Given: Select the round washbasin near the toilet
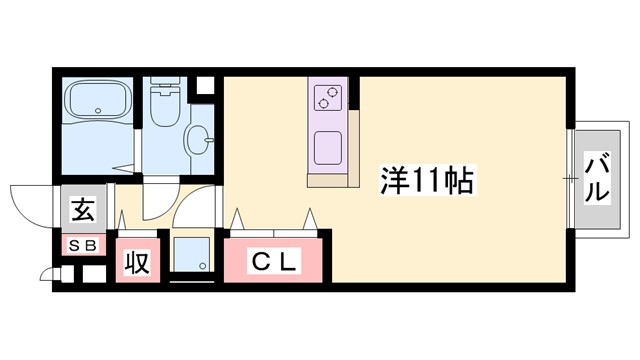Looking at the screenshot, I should click(198, 137).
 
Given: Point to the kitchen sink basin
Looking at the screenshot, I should click(328, 150).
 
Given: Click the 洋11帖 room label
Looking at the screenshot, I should click(426, 180).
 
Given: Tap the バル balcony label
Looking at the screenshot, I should click(597, 178).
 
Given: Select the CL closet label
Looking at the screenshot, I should click(273, 263).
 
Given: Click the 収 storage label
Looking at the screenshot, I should click(136, 264).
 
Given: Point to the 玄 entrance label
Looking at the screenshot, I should click(82, 212).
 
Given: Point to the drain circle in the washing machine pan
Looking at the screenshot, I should click(202, 266).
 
